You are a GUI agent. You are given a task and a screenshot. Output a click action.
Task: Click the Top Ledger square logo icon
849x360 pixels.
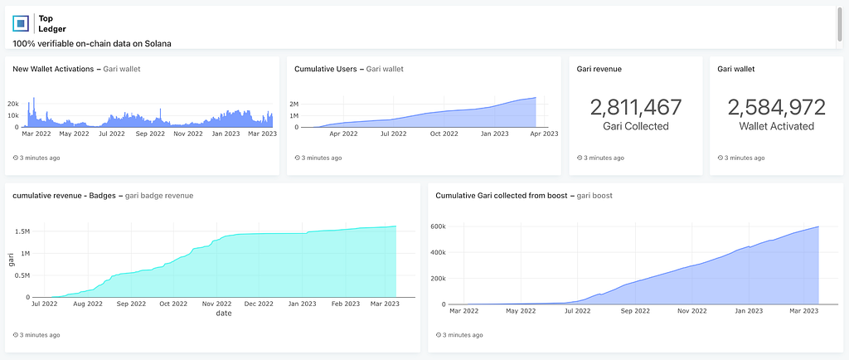21,23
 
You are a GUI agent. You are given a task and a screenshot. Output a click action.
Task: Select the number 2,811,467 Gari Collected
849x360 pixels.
636,107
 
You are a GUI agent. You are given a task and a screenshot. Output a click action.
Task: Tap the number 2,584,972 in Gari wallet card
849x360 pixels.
776,107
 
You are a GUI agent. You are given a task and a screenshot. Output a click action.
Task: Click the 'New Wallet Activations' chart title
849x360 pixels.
53,69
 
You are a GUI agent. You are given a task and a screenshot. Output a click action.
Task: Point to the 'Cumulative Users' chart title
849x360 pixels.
325,69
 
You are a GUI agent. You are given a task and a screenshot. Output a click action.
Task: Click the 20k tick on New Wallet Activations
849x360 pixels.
13,103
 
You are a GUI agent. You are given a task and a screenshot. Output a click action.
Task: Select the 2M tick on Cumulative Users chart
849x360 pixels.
294,104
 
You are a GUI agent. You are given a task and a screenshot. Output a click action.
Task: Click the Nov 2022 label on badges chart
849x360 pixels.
216,304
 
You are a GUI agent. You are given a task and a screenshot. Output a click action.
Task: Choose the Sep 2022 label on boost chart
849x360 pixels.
635,311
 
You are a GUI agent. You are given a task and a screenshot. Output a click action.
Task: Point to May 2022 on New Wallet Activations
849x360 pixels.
74,134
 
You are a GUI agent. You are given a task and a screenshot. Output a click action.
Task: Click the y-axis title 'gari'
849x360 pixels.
11,259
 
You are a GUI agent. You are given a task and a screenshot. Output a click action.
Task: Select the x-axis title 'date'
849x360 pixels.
224,314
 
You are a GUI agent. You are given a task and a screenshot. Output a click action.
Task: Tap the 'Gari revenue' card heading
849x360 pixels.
599,70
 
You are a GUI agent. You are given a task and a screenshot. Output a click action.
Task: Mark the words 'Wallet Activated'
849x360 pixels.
776,126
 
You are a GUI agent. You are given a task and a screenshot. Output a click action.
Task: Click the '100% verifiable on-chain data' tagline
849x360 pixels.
92,44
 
